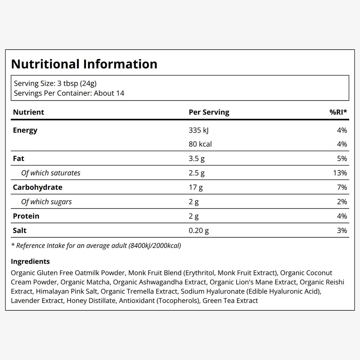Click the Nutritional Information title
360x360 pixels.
[x=84, y=64]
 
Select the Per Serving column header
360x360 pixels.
[x=209, y=112]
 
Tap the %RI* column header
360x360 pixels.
[x=338, y=112]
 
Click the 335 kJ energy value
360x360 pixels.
[x=199, y=130]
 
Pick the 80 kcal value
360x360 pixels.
[x=200, y=144]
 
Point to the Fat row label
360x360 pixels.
[x=18, y=159]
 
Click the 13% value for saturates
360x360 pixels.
[x=340, y=173]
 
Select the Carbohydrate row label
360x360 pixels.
[x=37, y=187]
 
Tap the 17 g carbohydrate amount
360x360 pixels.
[x=195, y=188]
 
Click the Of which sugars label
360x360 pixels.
[x=46, y=202]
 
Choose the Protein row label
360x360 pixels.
[x=26, y=216]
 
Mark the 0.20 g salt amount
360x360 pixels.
[x=199, y=231]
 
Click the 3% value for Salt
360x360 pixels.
[x=342, y=231]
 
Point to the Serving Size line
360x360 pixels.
[x=55, y=83]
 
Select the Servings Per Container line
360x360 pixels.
[x=69, y=93]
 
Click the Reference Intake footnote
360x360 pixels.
[x=96, y=246]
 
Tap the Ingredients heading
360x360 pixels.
[x=30, y=262]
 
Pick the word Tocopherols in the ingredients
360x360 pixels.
[x=178, y=301]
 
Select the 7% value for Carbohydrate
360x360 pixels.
[x=342, y=187]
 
